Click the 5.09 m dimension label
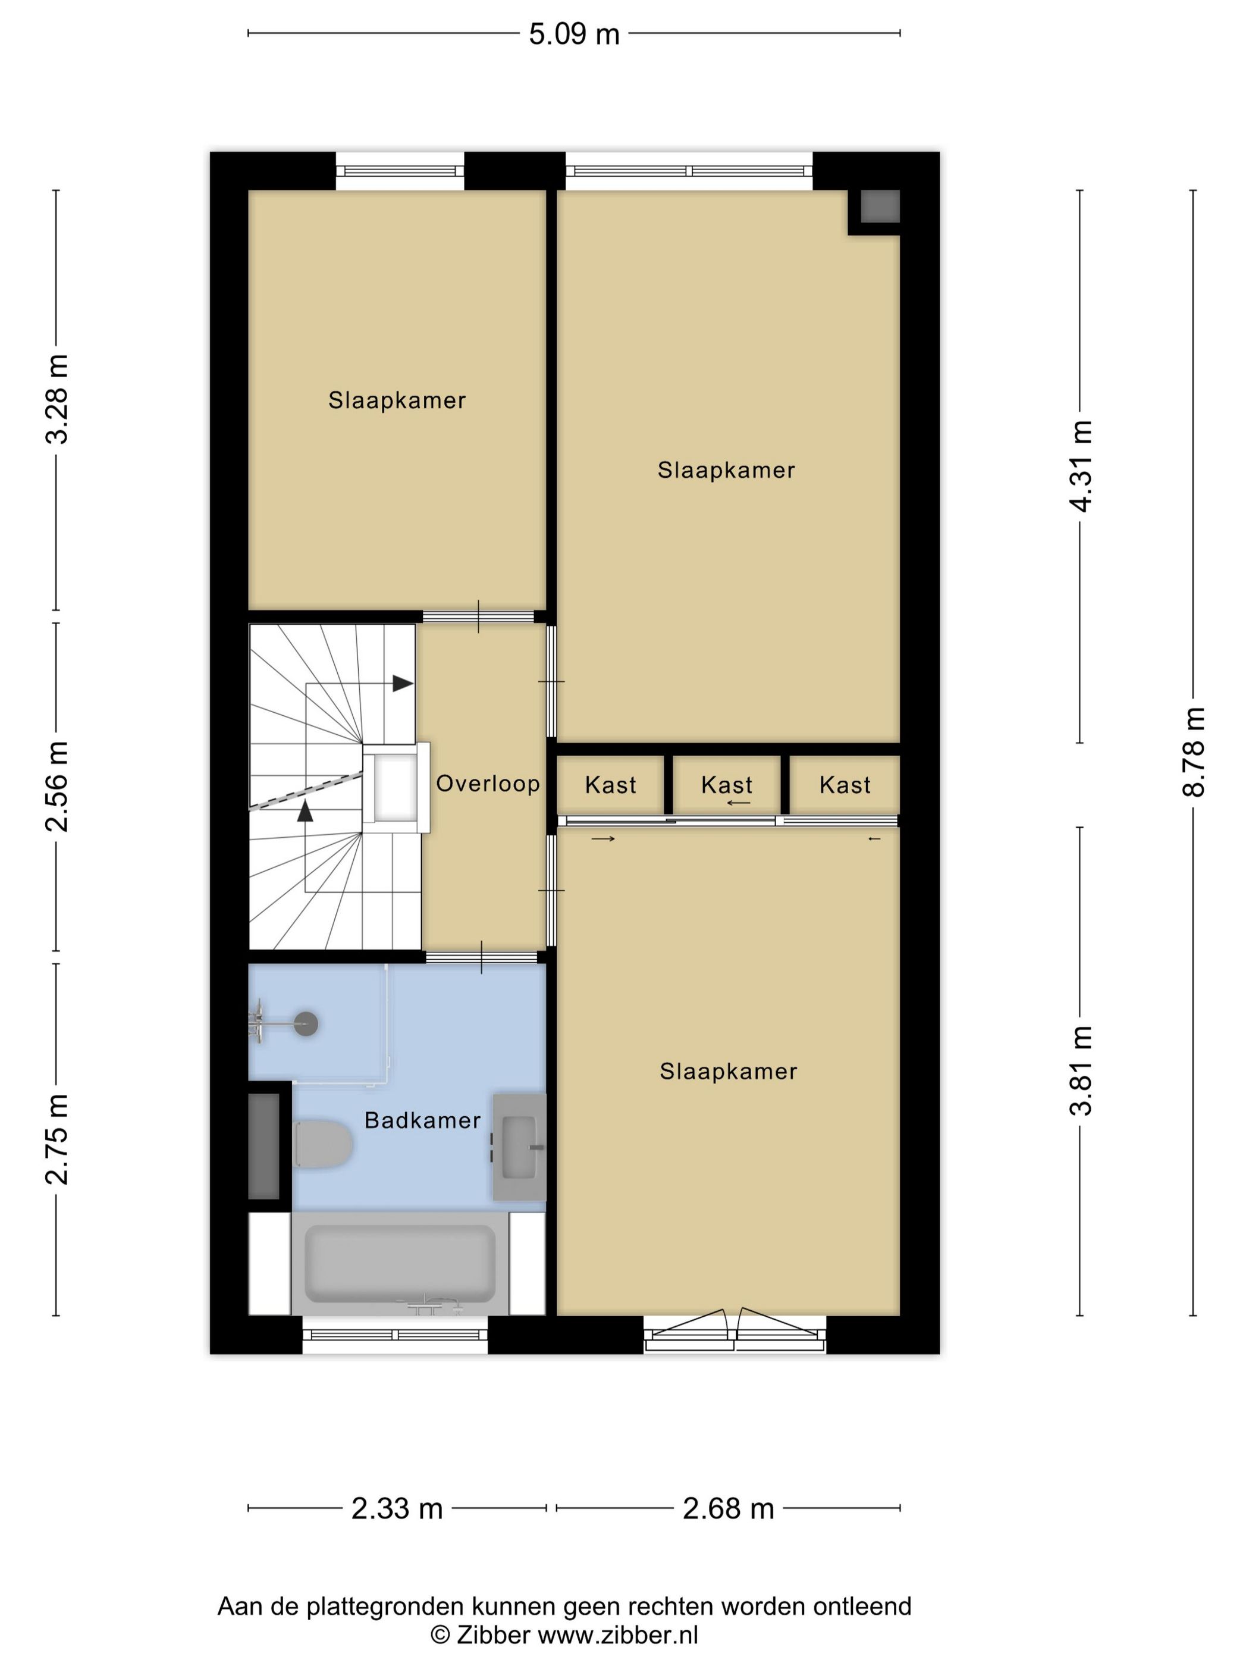click(574, 35)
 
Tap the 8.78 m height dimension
click(1193, 751)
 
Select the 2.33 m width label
click(397, 1508)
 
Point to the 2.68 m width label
click(728, 1508)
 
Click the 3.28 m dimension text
click(57, 399)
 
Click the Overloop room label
click(488, 784)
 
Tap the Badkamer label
click(422, 1121)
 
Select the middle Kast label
click(727, 785)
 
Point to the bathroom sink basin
click(519, 1147)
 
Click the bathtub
click(400, 1264)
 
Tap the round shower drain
click(306, 1023)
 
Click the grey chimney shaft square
click(880, 206)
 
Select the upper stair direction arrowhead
click(403, 684)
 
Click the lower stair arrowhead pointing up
click(305, 811)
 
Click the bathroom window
click(396, 1335)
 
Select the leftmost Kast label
click(611, 785)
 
